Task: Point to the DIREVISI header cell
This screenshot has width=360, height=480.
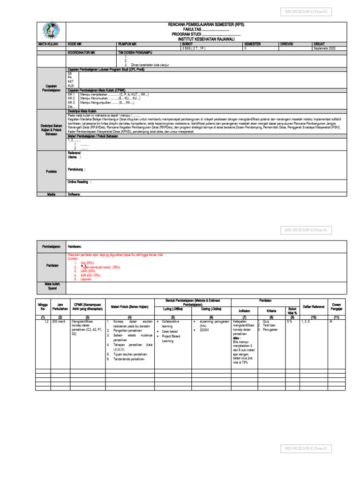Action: pyautogui.click(x=287, y=43)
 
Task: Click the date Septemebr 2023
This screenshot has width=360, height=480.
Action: pyautogui.click(x=325, y=48)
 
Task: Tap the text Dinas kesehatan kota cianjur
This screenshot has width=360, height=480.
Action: pyautogui.click(x=150, y=65)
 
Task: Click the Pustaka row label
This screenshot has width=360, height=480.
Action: pyautogui.click(x=51, y=172)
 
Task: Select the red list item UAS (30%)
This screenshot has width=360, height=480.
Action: pyautogui.click(x=88, y=271)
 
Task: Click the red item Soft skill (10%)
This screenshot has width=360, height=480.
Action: pyautogui.click(x=90, y=275)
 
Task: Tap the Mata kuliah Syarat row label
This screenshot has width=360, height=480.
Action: pyautogui.click(x=51, y=286)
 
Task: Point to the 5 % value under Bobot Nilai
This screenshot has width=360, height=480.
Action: pyautogui.click(x=290, y=322)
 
